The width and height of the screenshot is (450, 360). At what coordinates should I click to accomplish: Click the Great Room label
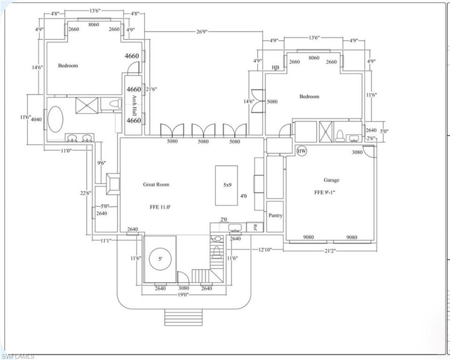156,184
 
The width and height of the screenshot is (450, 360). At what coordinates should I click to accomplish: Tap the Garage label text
331,180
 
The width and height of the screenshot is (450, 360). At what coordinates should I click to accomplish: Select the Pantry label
275,216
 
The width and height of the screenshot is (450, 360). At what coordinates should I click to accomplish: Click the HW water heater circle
302,151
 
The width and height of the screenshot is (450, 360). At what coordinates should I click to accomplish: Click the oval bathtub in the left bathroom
56,120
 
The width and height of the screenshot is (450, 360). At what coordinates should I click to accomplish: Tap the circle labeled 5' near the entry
160,258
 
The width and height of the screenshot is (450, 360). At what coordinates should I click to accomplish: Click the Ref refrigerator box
255,227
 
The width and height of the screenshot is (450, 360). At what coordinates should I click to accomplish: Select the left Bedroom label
68,66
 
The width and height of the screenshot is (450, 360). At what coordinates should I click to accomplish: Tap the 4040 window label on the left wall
36,120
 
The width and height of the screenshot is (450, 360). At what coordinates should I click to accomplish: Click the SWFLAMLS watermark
17,356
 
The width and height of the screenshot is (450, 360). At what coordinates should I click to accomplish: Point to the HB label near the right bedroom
275,68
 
